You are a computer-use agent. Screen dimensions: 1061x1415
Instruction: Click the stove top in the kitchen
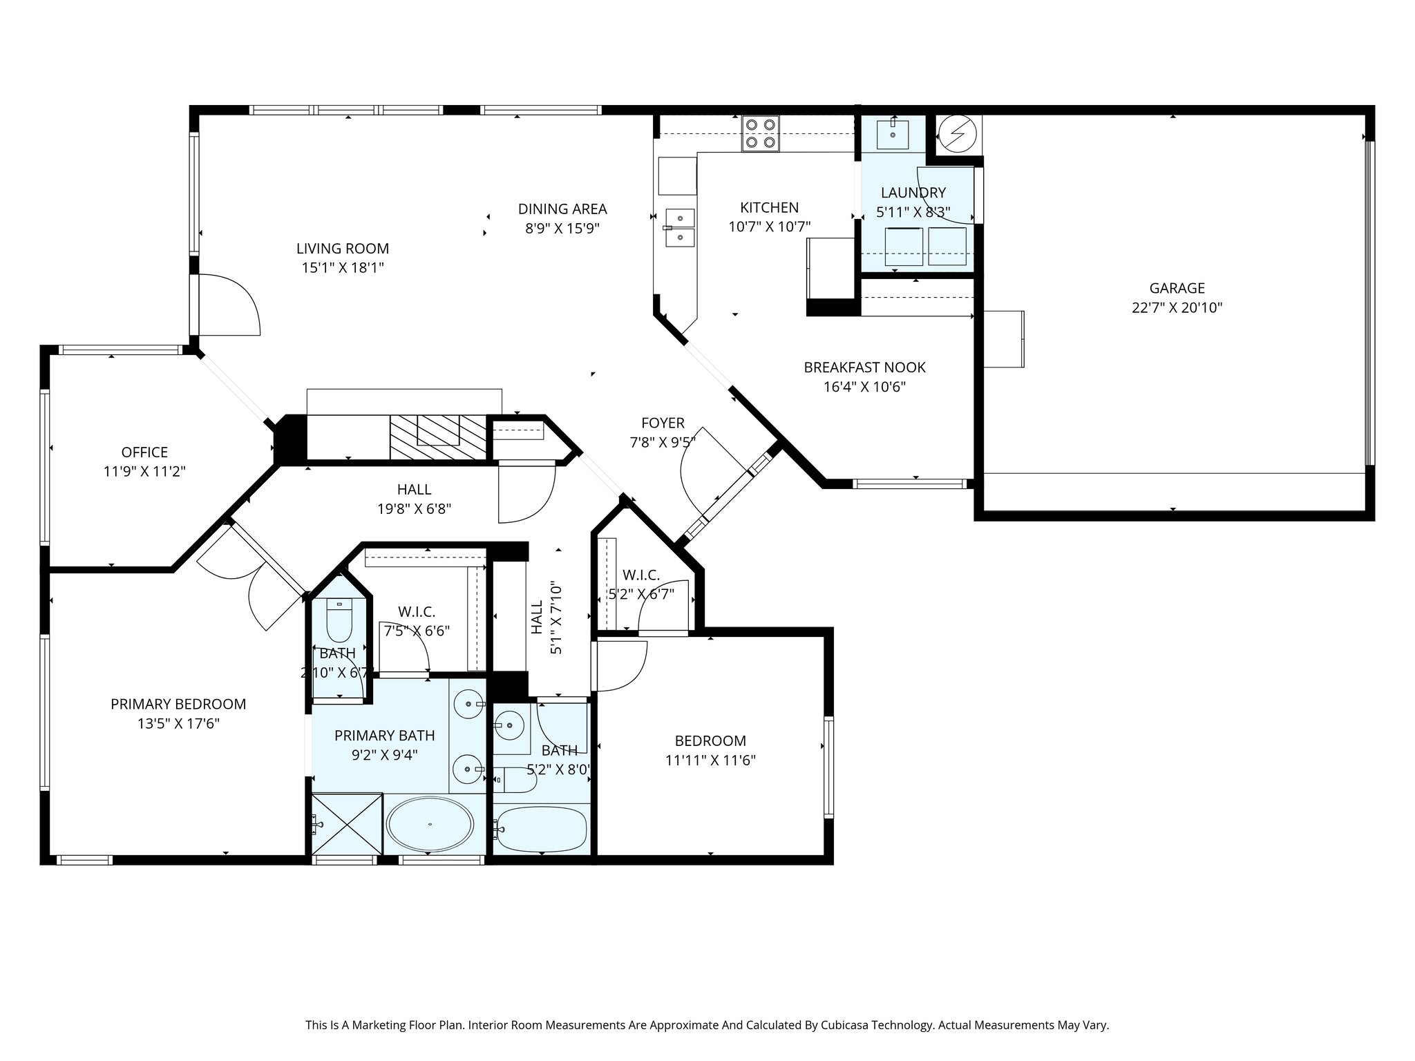point(760,134)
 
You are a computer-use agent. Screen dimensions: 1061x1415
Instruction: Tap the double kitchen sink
point(679,227)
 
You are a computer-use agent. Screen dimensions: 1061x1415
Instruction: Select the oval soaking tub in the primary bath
point(430,825)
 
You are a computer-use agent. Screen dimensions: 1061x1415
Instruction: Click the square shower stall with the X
point(347,824)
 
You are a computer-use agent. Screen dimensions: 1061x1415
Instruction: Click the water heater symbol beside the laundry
point(958,133)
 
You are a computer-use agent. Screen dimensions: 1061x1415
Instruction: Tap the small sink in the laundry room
point(893,134)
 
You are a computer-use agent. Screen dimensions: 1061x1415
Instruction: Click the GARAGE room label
point(1177,288)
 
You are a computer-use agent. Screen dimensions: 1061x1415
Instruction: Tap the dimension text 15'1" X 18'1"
point(343,268)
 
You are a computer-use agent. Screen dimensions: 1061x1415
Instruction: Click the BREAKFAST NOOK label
point(864,367)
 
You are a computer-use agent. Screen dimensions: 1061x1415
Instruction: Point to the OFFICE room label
point(144,452)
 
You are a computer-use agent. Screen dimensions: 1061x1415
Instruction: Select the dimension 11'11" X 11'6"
point(710,761)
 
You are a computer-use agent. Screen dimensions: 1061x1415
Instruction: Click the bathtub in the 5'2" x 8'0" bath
point(541,828)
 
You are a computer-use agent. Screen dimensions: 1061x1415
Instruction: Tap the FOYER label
point(663,423)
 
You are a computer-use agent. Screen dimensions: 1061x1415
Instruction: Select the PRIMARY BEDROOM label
point(178,704)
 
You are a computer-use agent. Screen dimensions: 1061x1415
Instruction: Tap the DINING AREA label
point(562,209)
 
